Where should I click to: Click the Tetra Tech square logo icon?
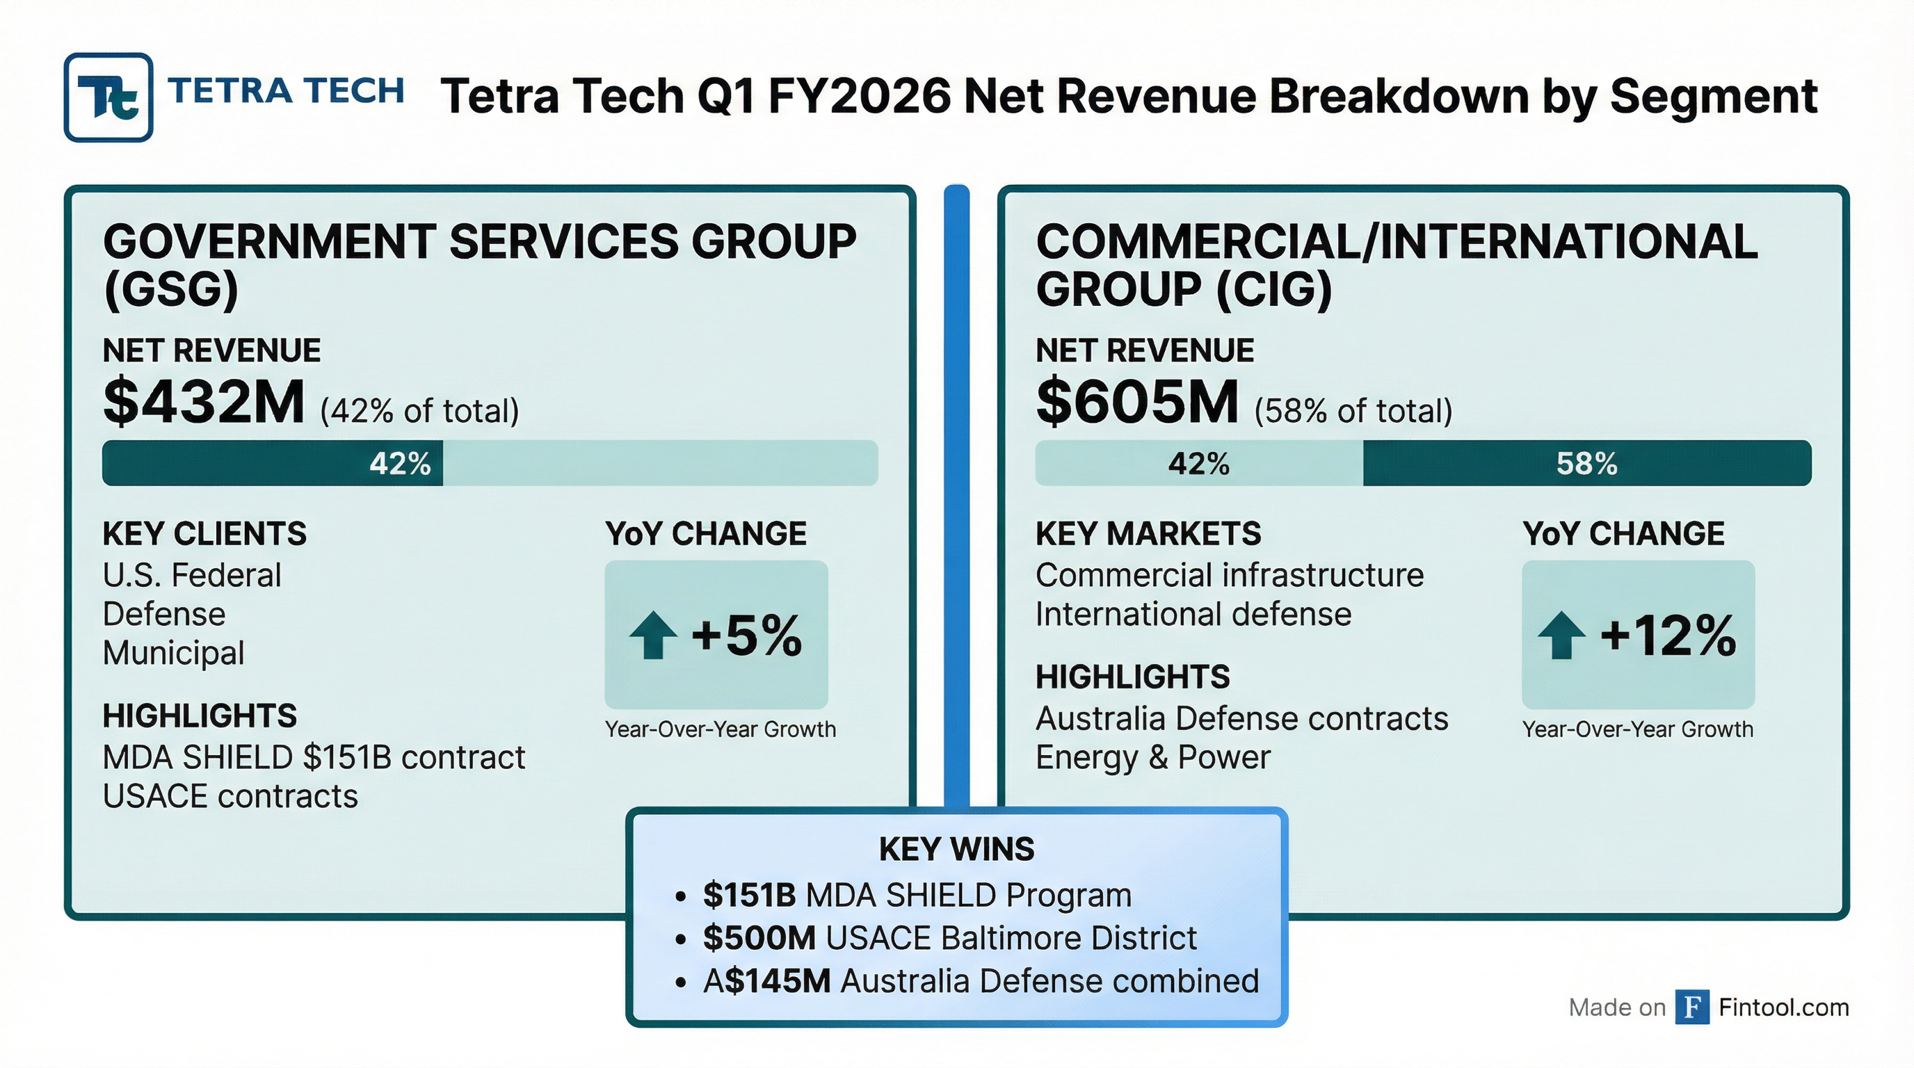click(x=108, y=97)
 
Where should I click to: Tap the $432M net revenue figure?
click(x=204, y=402)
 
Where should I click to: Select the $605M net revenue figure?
click(x=1137, y=402)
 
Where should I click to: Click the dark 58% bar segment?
click(x=1586, y=464)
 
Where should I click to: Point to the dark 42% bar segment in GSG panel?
click(x=272, y=464)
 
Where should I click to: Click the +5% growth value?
click(x=747, y=636)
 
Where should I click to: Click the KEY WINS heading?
click(x=956, y=849)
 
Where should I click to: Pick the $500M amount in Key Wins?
click(x=759, y=938)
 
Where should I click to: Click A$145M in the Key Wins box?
click(x=766, y=981)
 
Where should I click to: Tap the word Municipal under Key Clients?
click(x=173, y=653)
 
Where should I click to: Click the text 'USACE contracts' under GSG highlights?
click(x=230, y=796)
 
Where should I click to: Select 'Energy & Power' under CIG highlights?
click(x=1152, y=758)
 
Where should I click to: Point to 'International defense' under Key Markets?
click(x=1193, y=614)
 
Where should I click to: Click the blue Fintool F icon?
click(x=1692, y=1007)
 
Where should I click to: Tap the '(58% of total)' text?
click(x=1353, y=411)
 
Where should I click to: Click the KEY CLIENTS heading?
click(x=204, y=534)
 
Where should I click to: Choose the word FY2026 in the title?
click(x=859, y=97)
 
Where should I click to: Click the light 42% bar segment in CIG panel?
click(x=1198, y=464)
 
